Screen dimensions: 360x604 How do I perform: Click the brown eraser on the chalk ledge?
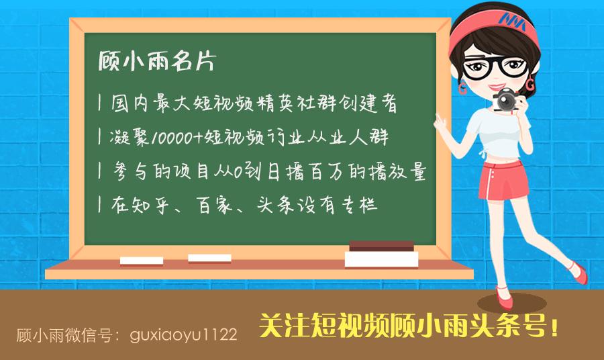tap(381, 245)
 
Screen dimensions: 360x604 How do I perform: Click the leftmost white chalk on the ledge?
tap(141, 260)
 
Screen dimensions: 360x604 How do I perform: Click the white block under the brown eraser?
tap(381, 259)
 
